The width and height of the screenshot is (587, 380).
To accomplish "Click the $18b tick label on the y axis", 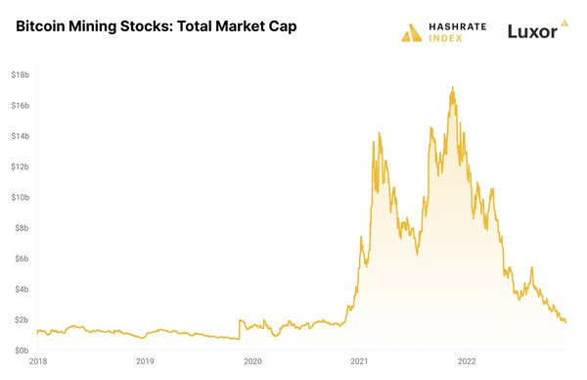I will [x=19, y=74].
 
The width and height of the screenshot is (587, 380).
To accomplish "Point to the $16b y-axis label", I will [x=19, y=105].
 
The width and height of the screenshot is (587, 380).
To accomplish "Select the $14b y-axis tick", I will [x=19, y=135].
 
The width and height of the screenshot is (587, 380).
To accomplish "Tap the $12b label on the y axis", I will [x=19, y=166].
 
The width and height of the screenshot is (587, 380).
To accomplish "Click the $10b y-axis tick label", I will [x=19, y=197].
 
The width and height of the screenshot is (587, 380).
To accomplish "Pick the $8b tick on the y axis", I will [x=20, y=227].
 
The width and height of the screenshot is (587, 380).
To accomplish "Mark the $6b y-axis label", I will [x=20, y=259].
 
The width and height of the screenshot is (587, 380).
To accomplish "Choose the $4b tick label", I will [x=20, y=289].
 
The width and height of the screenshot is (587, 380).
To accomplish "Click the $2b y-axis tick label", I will [x=20, y=319].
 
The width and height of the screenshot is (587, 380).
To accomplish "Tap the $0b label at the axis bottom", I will [x=20, y=351].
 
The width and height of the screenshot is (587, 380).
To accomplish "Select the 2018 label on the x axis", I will [x=37, y=361].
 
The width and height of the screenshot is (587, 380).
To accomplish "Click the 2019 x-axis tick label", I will [x=145, y=361].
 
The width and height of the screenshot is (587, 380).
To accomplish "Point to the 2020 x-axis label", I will [x=251, y=361].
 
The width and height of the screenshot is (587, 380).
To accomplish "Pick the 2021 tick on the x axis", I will [x=359, y=361].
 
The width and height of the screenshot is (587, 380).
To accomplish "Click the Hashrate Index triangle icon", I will [x=411, y=32].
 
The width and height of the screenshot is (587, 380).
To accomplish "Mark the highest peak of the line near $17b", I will [x=452, y=87].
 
